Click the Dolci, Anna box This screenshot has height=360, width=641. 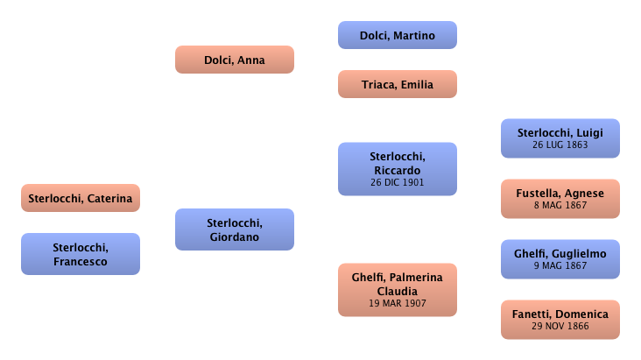(234, 60)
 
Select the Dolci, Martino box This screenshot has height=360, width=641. (398, 36)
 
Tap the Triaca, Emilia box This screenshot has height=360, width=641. (398, 85)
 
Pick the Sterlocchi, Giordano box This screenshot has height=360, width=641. (233, 229)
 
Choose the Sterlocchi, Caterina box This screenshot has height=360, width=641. (80, 199)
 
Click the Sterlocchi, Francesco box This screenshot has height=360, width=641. (80, 254)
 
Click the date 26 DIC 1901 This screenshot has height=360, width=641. (398, 183)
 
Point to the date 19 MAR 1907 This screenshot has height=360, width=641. (398, 304)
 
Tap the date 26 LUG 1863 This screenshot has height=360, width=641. (560, 145)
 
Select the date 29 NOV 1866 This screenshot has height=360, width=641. (560, 326)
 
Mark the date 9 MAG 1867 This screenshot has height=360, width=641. (560, 265)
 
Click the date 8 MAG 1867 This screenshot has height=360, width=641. (560, 206)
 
